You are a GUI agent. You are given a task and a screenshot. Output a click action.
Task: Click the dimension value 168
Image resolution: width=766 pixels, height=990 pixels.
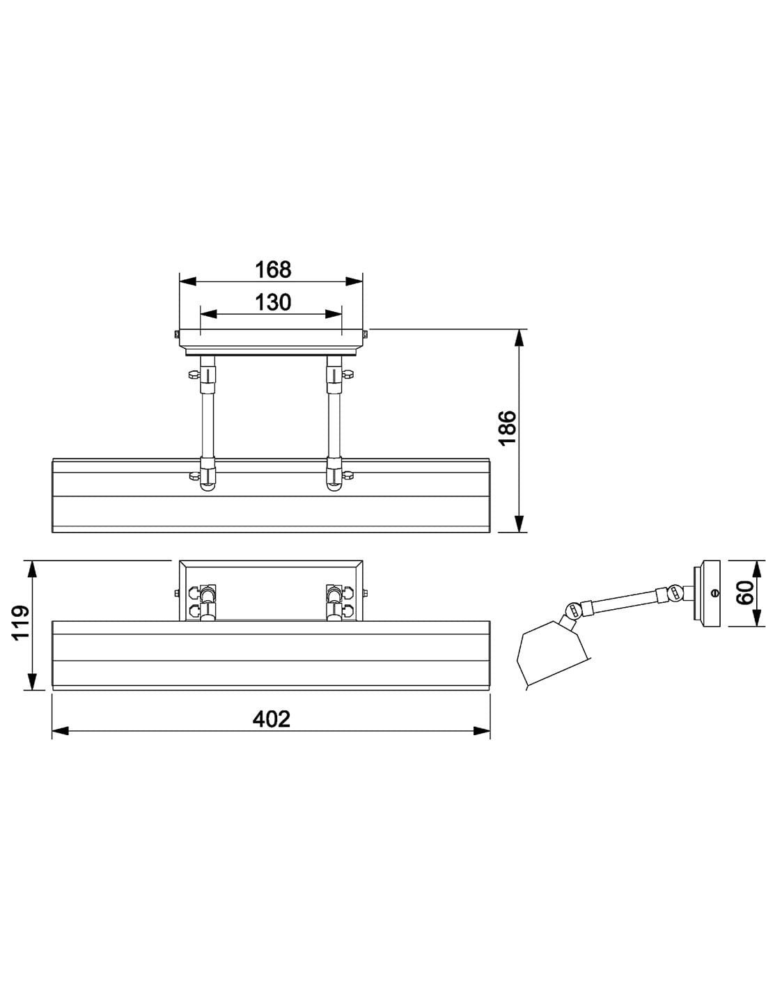click(x=272, y=269)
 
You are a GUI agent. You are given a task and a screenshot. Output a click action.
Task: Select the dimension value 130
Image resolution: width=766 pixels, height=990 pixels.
click(x=272, y=303)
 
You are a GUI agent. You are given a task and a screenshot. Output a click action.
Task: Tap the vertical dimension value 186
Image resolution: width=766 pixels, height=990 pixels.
click(x=508, y=428)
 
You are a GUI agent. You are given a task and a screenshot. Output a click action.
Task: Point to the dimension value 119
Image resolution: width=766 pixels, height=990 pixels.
click(x=20, y=623)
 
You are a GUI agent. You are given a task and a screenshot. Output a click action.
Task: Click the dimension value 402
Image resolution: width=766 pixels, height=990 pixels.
click(x=271, y=719)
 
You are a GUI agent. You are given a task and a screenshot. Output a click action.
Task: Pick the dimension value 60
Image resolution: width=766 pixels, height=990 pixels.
click(x=745, y=592)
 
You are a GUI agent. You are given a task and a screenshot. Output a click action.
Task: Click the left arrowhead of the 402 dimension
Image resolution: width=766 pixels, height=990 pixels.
click(x=60, y=731)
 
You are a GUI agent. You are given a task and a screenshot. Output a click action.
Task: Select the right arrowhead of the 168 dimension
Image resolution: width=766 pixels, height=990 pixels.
click(x=354, y=281)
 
